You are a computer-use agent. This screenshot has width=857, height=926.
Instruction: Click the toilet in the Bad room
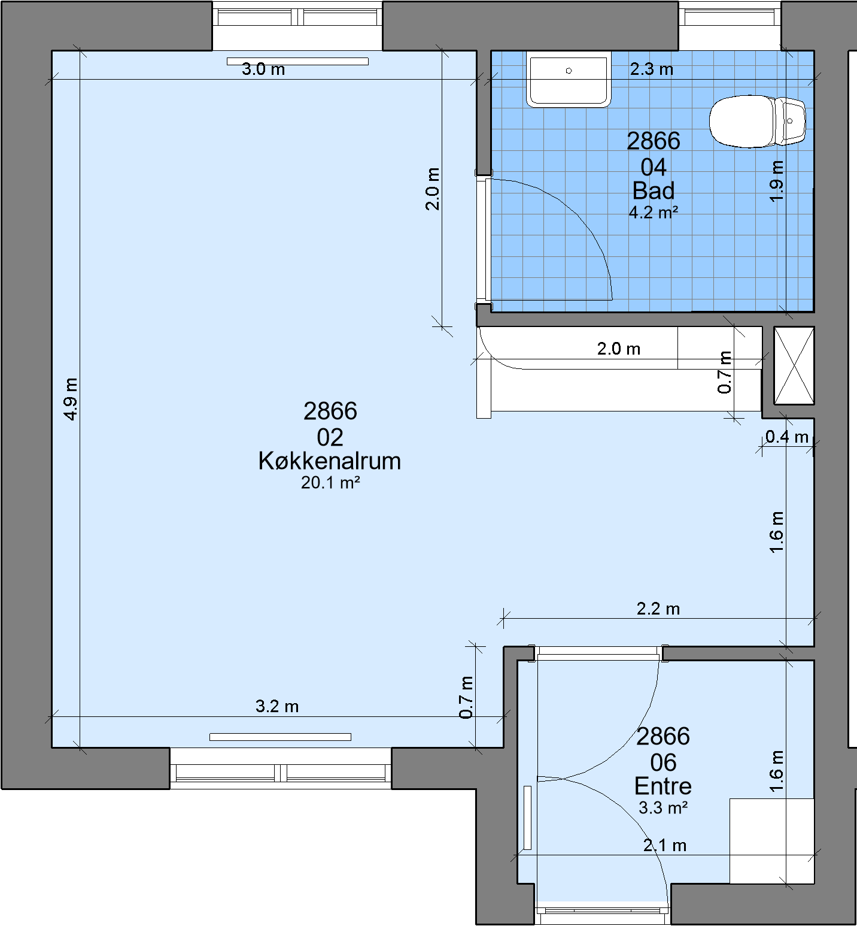(x=758, y=121)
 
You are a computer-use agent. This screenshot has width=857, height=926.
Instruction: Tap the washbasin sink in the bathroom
(x=569, y=79)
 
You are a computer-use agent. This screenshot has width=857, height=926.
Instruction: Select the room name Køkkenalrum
(x=330, y=461)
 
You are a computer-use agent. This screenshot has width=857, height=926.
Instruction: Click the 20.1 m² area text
(x=330, y=483)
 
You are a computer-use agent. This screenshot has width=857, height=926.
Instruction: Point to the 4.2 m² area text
(x=654, y=213)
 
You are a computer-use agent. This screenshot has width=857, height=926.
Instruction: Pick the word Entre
(x=663, y=786)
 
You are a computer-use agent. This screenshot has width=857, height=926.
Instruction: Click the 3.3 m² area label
(x=663, y=808)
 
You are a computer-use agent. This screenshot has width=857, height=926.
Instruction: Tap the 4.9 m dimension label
(x=71, y=399)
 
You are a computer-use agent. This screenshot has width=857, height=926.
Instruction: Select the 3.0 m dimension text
(x=263, y=69)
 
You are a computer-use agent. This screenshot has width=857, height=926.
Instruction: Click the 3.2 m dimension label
(x=277, y=706)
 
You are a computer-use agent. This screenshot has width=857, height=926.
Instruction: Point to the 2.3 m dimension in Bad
(x=652, y=69)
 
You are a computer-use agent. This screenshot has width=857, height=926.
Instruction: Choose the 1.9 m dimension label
(x=776, y=181)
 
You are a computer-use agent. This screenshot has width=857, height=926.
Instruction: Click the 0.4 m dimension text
(x=787, y=437)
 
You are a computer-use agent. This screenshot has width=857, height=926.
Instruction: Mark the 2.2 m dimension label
(x=658, y=609)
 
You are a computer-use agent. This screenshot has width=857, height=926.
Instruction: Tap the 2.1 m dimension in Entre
(x=665, y=845)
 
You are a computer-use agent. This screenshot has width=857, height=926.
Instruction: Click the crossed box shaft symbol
(x=794, y=365)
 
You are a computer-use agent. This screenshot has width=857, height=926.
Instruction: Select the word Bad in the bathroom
(x=654, y=191)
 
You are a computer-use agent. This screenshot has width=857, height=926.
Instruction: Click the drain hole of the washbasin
(x=569, y=71)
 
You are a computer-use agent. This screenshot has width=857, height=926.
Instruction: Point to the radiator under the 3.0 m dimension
(x=297, y=61)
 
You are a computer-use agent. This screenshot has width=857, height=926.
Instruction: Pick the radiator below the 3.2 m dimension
(x=280, y=737)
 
